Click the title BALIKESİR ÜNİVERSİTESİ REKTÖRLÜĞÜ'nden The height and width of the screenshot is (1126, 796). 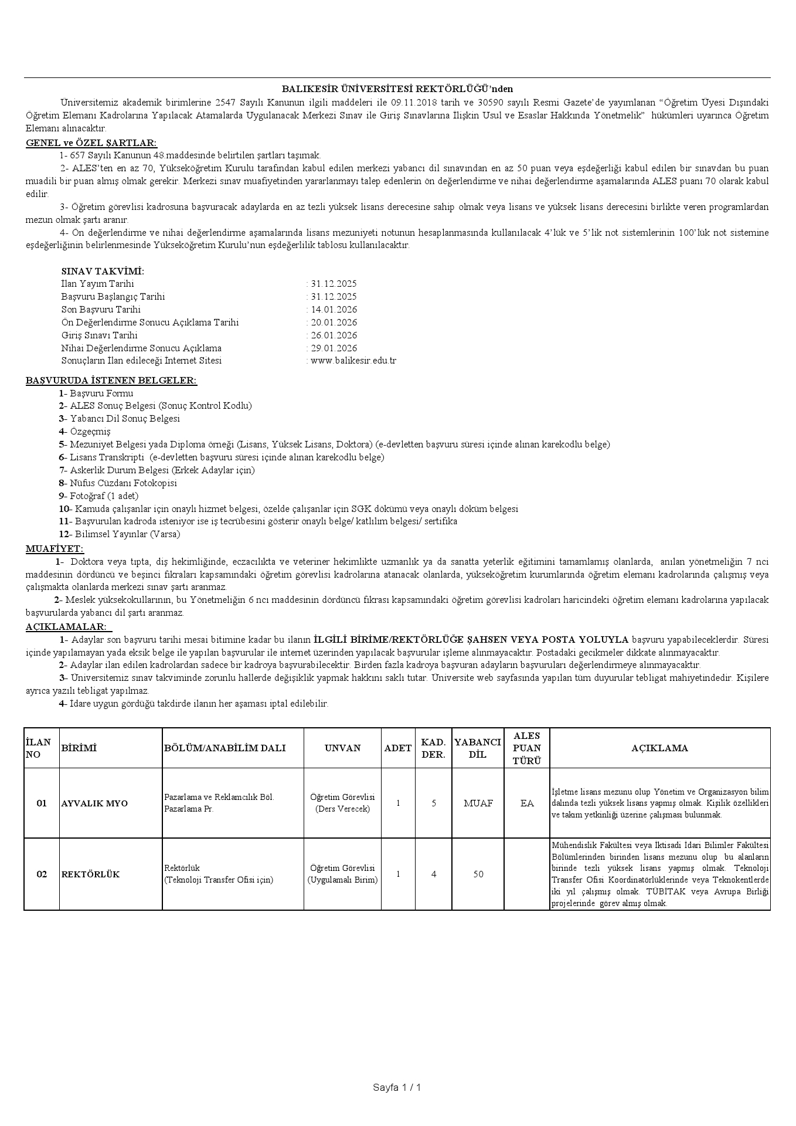click(x=397, y=89)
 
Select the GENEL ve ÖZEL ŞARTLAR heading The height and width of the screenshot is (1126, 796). click(x=91, y=143)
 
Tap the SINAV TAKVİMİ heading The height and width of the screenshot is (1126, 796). click(x=103, y=271)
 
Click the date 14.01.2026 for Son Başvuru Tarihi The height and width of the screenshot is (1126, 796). click(x=334, y=310)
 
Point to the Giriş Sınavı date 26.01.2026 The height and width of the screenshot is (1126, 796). click(x=334, y=335)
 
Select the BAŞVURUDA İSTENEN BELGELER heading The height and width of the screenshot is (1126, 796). click(x=111, y=381)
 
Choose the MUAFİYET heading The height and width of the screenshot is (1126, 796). click(x=55, y=549)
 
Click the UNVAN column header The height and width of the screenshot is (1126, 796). click(x=342, y=748)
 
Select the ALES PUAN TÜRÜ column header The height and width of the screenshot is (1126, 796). click(x=526, y=748)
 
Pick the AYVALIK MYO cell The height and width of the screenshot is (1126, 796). click(x=94, y=803)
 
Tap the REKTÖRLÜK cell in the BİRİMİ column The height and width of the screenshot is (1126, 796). click(x=90, y=874)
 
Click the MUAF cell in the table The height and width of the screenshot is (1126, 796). click(x=478, y=803)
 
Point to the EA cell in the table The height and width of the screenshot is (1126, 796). click(x=526, y=803)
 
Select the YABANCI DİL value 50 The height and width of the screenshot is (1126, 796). click(x=478, y=874)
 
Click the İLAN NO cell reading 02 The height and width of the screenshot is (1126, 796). click(x=42, y=874)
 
